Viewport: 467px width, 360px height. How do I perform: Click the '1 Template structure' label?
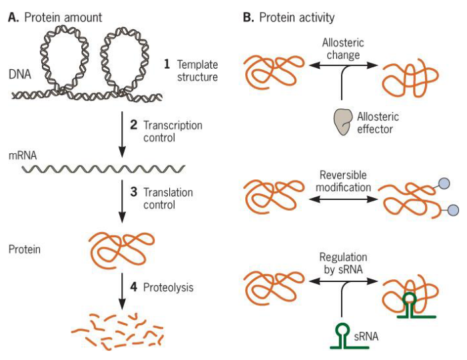tap(191, 71)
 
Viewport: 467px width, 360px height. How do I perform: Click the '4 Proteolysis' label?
tap(165, 288)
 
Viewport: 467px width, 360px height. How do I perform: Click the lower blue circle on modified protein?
tap(452, 211)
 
